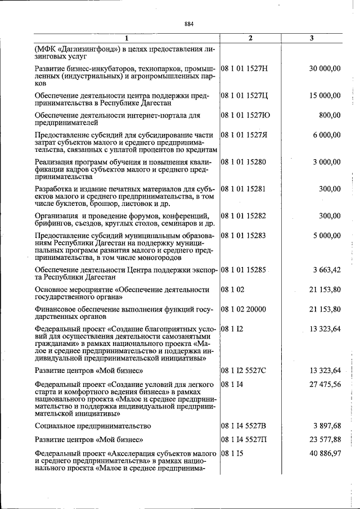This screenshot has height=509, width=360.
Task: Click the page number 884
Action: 188,24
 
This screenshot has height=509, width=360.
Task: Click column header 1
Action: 126,38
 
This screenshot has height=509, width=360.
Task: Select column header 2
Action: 250,38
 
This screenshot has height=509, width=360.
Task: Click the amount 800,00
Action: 329,115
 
